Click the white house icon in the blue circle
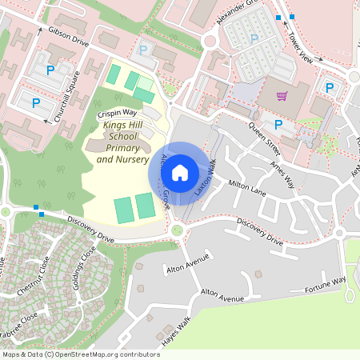tap(181, 171)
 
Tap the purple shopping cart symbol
tap(282, 96)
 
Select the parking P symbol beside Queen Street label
tap(278, 124)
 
